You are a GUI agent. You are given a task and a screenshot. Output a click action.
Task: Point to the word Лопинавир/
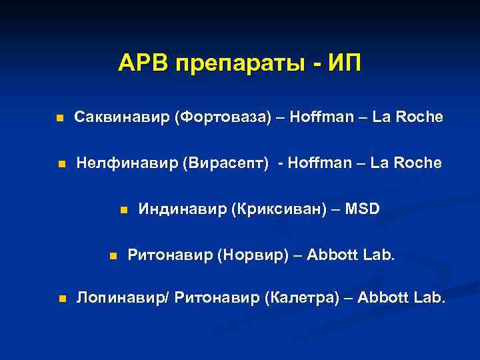[x=124, y=298]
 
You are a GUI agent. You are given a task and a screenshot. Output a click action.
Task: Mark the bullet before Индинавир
[x=123, y=210]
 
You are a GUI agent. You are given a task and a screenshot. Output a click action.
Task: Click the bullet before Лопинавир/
[x=61, y=299]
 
